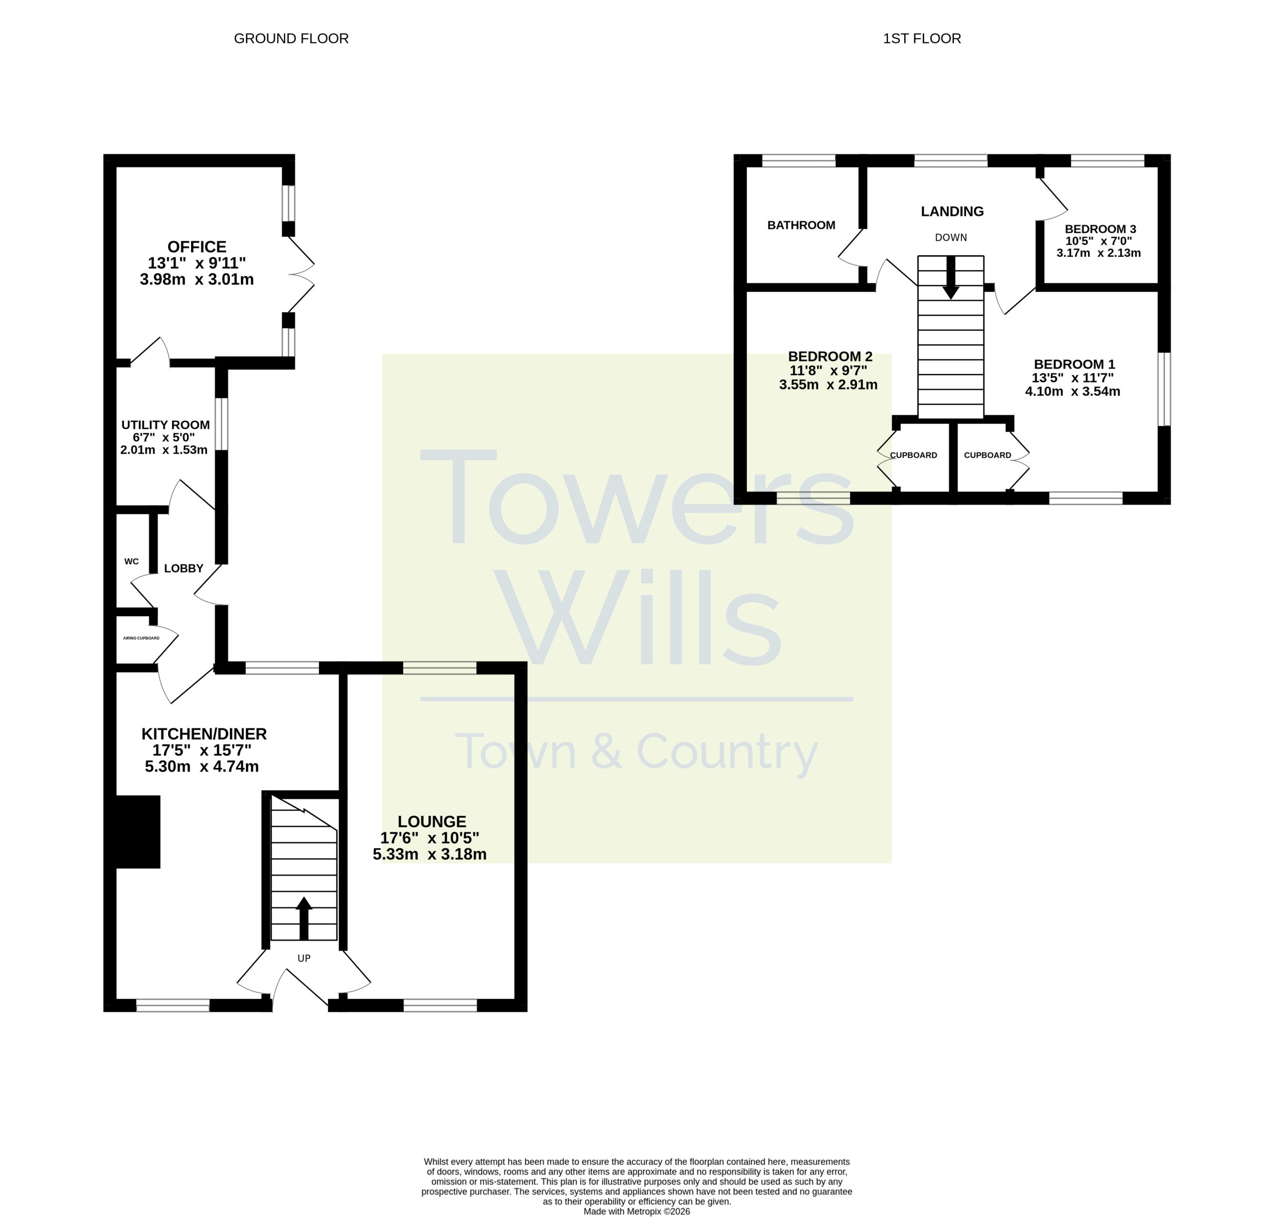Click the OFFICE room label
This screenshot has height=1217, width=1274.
pos(197,247)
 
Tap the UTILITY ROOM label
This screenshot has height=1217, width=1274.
pos(165,425)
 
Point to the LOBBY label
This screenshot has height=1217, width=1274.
pos(184,568)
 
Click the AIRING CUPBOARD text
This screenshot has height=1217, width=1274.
pos(141,638)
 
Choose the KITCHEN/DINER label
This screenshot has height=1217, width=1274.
pos(204,734)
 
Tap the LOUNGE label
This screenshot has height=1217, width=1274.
pos(432,821)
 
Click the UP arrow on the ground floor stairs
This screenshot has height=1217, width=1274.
pos(304,918)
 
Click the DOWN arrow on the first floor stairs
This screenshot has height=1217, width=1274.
pos(951,278)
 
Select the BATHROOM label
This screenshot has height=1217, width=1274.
pos(801,225)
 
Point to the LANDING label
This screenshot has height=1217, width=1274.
pos(952,212)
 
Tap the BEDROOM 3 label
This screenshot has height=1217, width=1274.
pos(1100,229)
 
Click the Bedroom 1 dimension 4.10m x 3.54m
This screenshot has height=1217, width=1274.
pos(1072,391)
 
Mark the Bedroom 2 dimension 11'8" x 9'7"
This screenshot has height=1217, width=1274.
pos(829,370)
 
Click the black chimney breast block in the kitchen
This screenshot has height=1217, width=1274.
pos(137,832)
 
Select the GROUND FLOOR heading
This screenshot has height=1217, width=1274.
pos(291,39)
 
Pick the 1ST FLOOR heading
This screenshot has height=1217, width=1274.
pos(922,39)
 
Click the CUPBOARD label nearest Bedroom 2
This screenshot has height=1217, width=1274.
pos(913,455)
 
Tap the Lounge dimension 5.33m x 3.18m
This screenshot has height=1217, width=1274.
pos(429,854)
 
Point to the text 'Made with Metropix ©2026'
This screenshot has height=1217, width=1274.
pos(637,1211)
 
